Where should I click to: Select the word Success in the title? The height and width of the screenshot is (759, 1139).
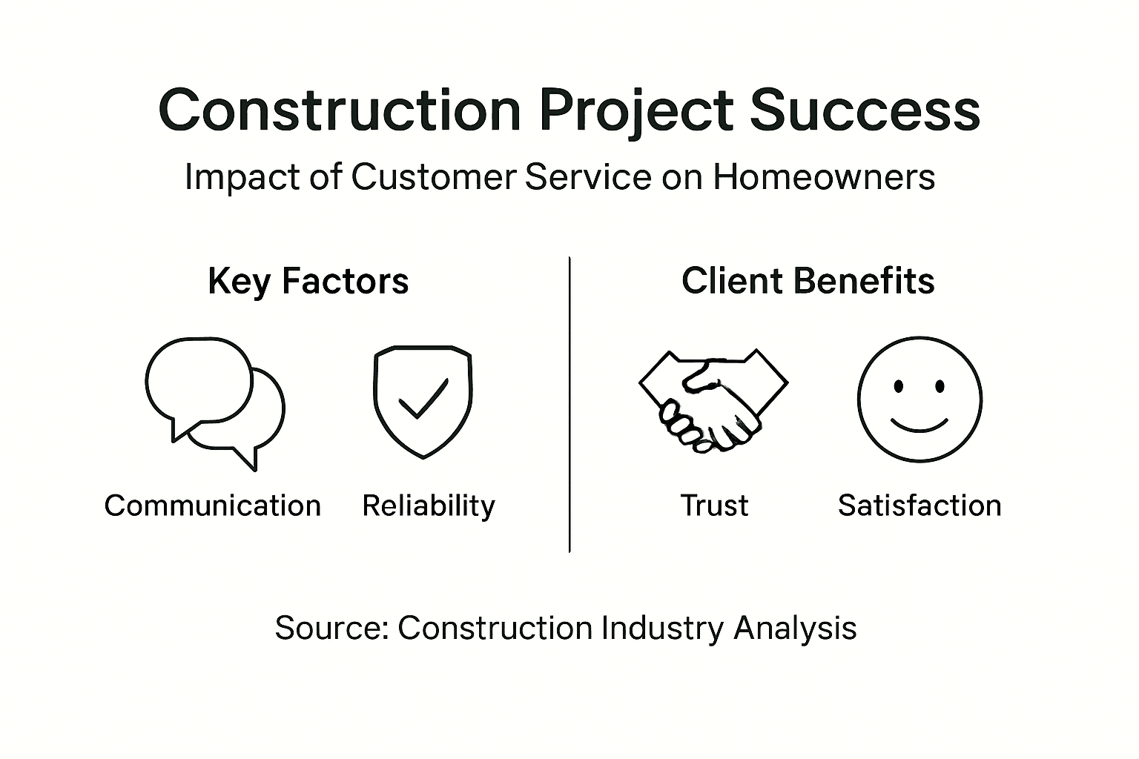pyautogui.click(x=865, y=111)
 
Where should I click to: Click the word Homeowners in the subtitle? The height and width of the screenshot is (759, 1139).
pyautogui.click(x=824, y=178)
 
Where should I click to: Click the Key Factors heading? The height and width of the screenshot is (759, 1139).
pyautogui.click(x=308, y=282)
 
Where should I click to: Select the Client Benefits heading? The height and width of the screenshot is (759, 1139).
pyautogui.click(x=808, y=282)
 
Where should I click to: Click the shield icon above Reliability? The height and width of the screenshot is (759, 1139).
pyautogui.click(x=423, y=400)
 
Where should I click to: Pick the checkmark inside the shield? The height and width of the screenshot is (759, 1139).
pyautogui.click(x=423, y=398)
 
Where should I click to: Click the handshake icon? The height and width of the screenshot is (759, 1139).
pyautogui.click(x=713, y=400)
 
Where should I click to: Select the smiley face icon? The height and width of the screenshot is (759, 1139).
pyautogui.click(x=920, y=400)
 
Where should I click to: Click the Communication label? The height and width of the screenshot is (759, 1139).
pyautogui.click(x=213, y=506)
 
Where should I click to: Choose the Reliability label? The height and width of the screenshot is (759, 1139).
pyautogui.click(x=429, y=506)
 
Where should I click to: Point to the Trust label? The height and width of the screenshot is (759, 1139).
pyautogui.click(x=714, y=506)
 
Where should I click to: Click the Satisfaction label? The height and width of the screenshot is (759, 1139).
pyautogui.click(x=920, y=506)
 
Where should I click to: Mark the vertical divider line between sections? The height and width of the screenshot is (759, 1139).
pyautogui.click(x=569, y=404)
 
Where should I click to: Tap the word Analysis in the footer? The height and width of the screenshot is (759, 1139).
pyautogui.click(x=795, y=629)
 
